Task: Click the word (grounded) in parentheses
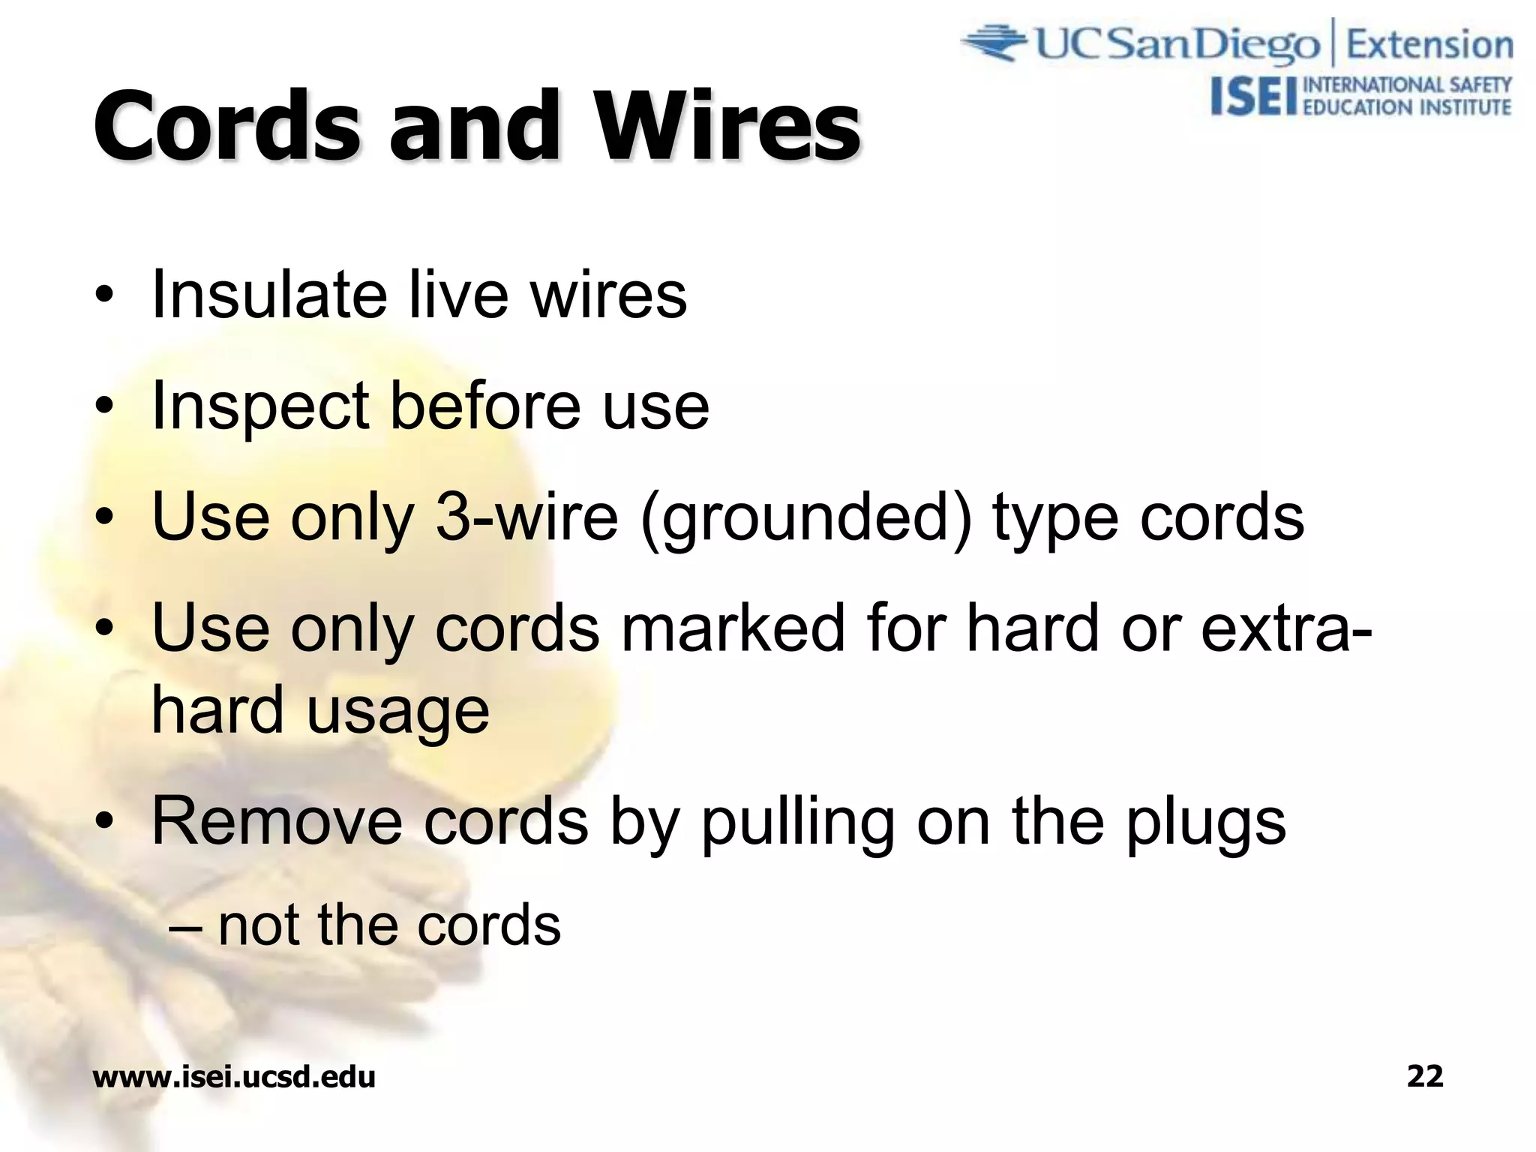coord(806,519)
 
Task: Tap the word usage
coord(397,711)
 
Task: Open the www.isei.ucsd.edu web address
coord(234,1077)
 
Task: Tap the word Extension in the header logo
coord(1429,45)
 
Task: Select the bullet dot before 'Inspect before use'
coord(105,407)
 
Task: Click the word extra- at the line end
coord(1287,628)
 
